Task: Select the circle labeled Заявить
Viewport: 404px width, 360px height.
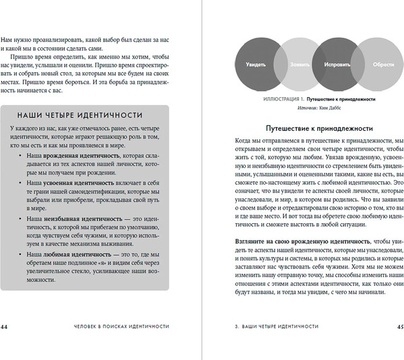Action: (x=291, y=65)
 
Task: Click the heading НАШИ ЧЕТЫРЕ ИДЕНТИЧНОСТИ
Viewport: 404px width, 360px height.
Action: (x=80, y=115)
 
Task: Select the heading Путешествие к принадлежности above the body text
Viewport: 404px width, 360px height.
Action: (x=313, y=127)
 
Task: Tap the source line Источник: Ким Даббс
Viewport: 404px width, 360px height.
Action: (x=314, y=107)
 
